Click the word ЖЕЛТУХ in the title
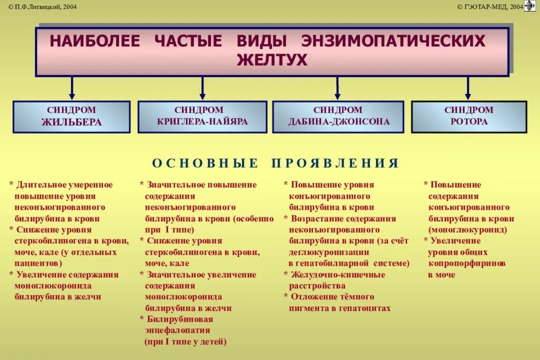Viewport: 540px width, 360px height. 272,60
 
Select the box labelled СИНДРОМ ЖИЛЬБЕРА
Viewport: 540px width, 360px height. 72,116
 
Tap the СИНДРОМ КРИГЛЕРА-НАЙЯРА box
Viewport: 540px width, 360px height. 202,116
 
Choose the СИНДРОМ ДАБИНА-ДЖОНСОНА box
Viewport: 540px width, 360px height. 338,116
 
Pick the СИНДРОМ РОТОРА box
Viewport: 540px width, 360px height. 469,116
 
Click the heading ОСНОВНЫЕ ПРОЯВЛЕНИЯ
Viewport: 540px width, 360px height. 275,163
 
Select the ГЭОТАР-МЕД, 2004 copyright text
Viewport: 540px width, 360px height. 490,6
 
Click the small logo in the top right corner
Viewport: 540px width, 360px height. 529,6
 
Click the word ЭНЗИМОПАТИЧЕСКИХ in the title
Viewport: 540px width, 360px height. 393,41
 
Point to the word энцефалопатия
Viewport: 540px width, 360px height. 177,330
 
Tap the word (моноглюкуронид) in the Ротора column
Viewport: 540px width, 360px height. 468,230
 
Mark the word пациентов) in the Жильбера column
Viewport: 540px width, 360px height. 38,263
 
